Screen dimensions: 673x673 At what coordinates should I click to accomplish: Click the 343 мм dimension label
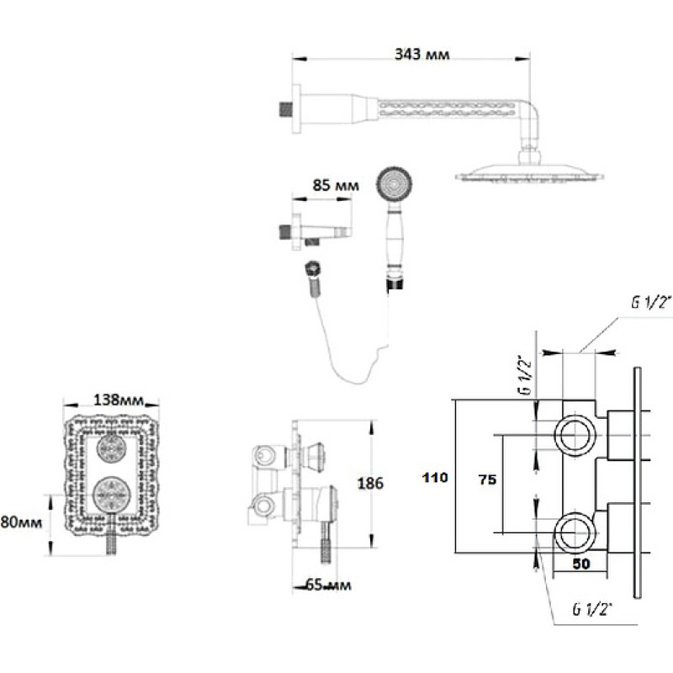point(422,55)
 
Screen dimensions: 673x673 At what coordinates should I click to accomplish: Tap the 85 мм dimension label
point(336,185)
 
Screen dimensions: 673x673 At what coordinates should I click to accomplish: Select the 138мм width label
point(119,400)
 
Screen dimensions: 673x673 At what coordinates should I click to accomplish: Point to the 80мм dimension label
point(22,522)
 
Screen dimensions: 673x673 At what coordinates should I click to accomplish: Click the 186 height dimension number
point(370,484)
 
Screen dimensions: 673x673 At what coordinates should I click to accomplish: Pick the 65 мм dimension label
point(328,585)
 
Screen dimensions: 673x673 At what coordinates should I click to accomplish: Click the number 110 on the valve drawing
point(435,477)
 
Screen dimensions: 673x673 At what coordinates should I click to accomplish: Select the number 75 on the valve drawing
point(487,480)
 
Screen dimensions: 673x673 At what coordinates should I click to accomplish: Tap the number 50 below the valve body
point(581,564)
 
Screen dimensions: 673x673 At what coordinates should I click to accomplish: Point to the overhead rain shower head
point(530,172)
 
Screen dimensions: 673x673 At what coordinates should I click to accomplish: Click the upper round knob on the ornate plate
point(112,448)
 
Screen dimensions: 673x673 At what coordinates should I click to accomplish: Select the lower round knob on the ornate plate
point(111,495)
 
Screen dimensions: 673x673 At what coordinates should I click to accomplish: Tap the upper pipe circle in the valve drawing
point(575,435)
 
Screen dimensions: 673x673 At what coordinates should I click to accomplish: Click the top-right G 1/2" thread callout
point(650,303)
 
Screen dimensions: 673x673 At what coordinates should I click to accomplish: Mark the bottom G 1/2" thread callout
point(592,609)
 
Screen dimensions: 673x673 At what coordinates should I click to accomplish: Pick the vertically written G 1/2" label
point(527,374)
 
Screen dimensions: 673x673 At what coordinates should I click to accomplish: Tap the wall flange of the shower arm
point(296,109)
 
